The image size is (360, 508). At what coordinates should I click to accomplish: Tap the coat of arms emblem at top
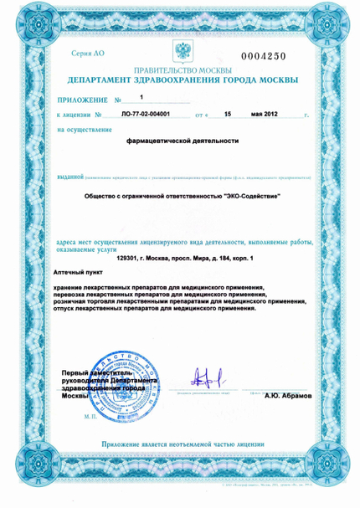point(179,49)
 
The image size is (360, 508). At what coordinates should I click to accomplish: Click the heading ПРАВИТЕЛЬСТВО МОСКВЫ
point(179,71)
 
